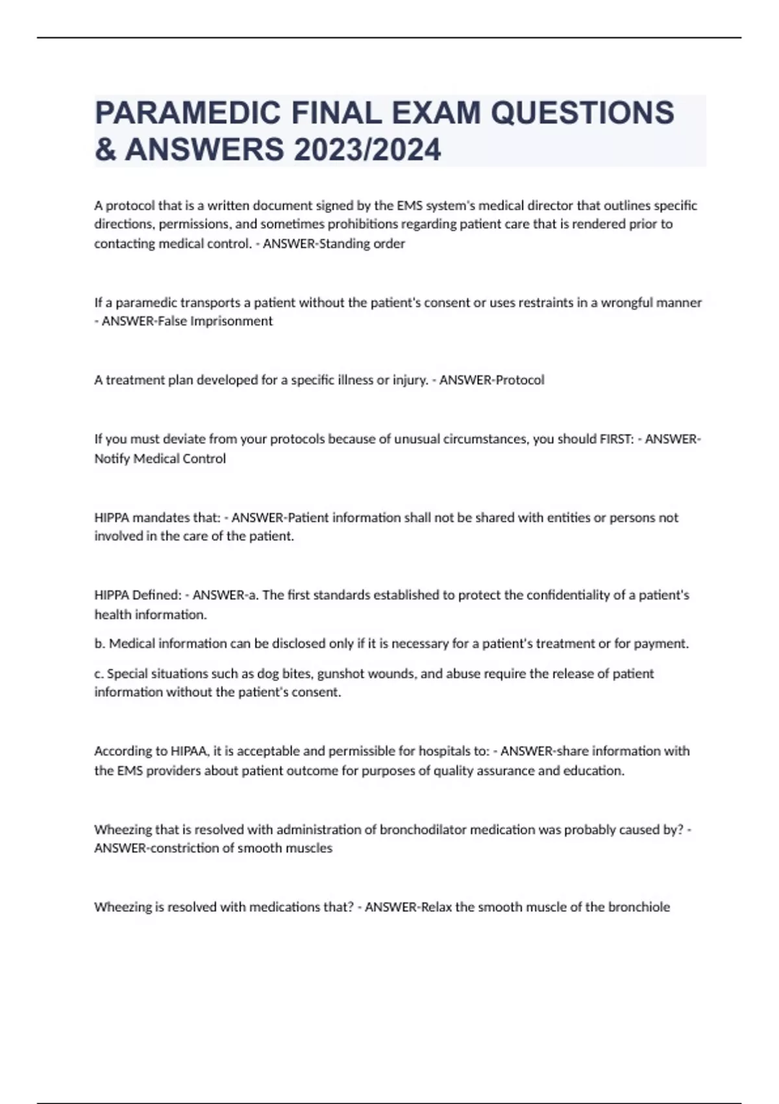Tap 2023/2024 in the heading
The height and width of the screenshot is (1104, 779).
367,150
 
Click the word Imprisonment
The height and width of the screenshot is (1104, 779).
232,321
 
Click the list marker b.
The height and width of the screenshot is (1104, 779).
99,644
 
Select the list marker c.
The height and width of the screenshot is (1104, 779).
99,673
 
